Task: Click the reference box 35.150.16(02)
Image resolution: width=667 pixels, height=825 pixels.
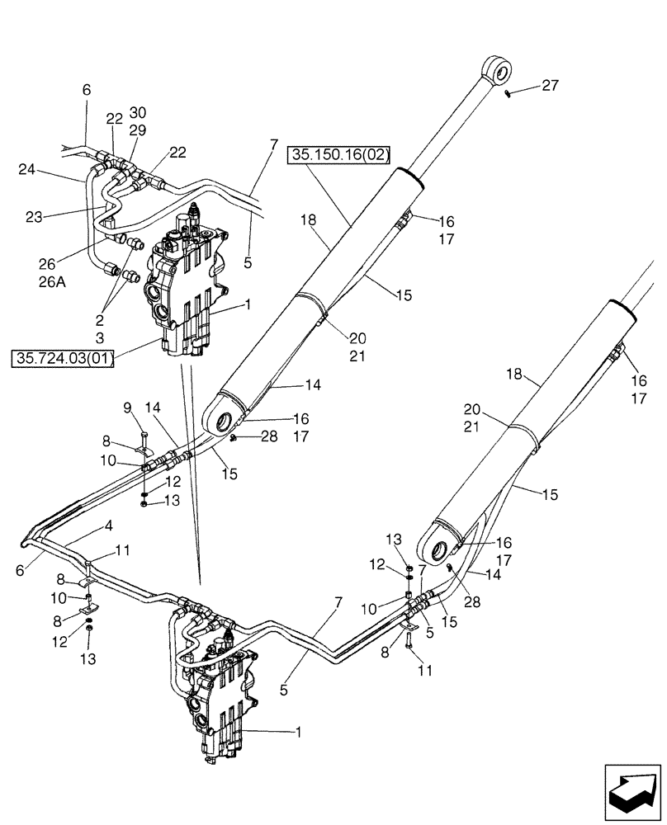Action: pos(339,154)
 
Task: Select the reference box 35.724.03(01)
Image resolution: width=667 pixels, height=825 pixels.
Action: pos(64,358)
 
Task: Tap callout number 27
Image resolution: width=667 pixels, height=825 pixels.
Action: pos(551,84)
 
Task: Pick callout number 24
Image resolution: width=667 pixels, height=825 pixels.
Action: pos(27,169)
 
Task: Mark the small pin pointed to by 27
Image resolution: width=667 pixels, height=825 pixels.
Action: pos(509,93)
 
